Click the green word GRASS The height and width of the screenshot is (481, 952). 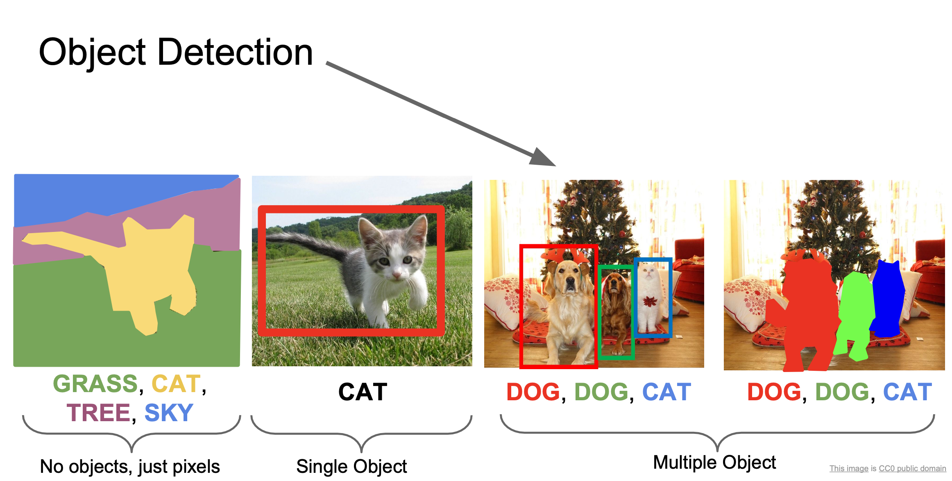coord(95,383)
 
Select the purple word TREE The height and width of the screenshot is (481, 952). coord(98,413)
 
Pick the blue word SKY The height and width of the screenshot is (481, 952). coord(169,413)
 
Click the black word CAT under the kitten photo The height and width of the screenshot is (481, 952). coord(363,392)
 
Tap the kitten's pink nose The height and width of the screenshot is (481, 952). coord(397,275)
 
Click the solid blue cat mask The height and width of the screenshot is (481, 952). coord(887,299)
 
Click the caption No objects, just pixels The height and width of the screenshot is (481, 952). coord(130,467)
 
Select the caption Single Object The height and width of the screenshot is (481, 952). coord(351,467)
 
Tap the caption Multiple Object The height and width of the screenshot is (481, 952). coord(714,463)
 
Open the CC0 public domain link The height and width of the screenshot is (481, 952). coord(912,469)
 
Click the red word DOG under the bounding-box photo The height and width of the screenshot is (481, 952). coord(533,392)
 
